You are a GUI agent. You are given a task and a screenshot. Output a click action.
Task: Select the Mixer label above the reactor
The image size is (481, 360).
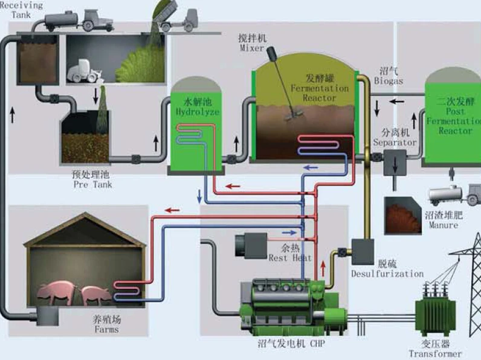pos(252,42)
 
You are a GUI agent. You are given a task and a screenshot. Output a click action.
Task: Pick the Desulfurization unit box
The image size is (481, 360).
pos(363,251)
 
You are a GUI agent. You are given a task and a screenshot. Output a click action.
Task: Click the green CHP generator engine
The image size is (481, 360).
pos(284,302)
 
